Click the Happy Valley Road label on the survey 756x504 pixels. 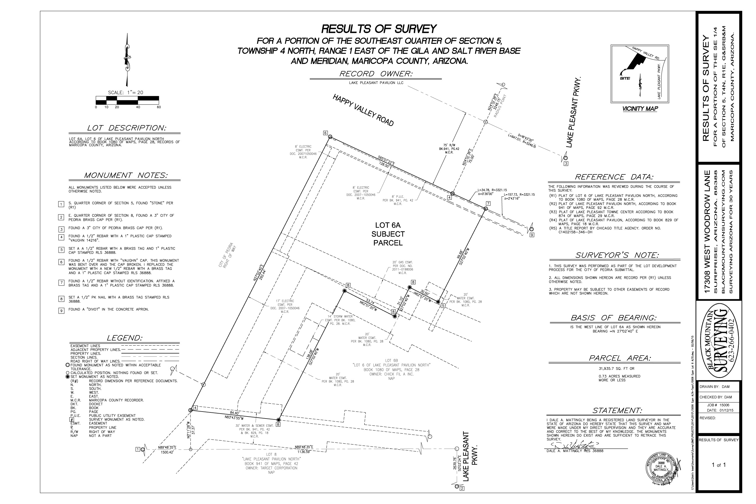(363, 110)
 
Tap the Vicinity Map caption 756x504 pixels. (640, 108)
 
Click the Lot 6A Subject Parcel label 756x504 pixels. (388, 234)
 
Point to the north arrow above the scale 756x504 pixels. (128, 60)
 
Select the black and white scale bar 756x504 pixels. (127, 100)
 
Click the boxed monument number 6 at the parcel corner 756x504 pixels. (325, 133)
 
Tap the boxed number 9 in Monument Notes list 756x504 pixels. (61, 311)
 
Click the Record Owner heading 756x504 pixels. (376, 74)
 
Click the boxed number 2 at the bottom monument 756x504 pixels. (462, 489)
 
